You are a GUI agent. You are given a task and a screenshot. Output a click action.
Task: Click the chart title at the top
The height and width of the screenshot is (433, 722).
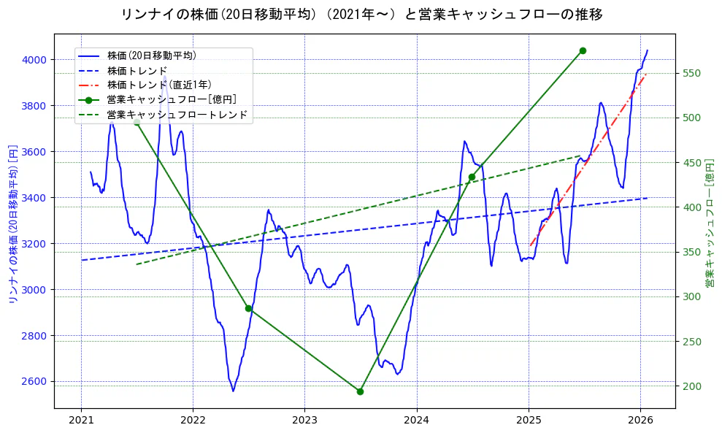pyautogui.click(x=361, y=14)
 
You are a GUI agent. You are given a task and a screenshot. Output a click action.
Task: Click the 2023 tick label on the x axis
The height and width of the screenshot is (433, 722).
pyautogui.click(x=304, y=420)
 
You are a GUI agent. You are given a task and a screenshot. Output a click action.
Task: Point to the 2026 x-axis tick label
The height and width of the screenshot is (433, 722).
pyautogui.click(x=640, y=420)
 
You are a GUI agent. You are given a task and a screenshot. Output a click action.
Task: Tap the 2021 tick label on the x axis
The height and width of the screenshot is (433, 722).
pyautogui.click(x=81, y=420)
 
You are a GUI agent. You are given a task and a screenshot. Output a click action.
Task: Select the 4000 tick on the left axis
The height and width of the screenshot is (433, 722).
pyautogui.click(x=35, y=60)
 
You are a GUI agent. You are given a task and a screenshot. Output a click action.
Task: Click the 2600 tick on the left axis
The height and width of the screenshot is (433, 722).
pyautogui.click(x=35, y=382)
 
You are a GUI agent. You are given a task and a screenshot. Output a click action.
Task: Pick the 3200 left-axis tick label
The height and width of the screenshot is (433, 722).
pyautogui.click(x=35, y=244)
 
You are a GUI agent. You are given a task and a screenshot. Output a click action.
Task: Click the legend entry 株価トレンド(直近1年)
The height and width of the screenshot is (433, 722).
pyautogui.click(x=159, y=85)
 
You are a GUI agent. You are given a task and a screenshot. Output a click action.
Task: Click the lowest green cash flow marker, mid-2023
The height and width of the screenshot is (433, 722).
pyautogui.click(x=360, y=391)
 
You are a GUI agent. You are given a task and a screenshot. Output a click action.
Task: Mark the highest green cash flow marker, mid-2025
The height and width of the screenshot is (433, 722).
pyautogui.click(x=583, y=50)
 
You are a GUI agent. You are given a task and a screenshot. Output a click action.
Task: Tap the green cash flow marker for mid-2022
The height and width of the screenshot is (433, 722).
pyautogui.click(x=248, y=308)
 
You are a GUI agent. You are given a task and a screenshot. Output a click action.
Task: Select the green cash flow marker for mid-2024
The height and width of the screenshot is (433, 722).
pyautogui.click(x=472, y=177)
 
